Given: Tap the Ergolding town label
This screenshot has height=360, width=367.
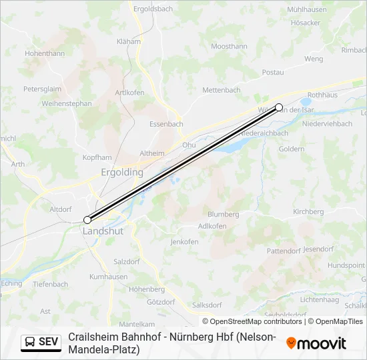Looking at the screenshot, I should click(x=122, y=172).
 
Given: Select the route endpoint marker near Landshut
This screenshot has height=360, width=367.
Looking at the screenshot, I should click(x=87, y=219).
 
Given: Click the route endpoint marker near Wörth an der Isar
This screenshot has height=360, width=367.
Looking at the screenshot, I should click(x=279, y=107).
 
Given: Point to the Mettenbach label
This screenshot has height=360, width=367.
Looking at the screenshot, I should click(x=221, y=89).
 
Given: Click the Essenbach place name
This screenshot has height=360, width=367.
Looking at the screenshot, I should click(x=166, y=124).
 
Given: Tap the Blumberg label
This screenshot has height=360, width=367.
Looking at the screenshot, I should click(x=223, y=214).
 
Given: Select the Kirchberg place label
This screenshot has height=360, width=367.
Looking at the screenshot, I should click(x=308, y=211).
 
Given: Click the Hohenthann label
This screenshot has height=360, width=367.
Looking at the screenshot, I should click(x=45, y=53).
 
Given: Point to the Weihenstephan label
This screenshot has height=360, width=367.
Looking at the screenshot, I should click(x=66, y=103).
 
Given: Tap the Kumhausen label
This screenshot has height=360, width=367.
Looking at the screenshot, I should click(x=108, y=276).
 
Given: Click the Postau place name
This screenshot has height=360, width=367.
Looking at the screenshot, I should click(x=273, y=72).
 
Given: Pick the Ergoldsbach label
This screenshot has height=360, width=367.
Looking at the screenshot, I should click(x=153, y=9).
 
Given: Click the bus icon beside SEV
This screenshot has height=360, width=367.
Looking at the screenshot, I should click(x=30, y=342).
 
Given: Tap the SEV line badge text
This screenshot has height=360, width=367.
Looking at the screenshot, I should click(x=49, y=342).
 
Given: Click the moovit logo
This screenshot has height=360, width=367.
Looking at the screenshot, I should click(x=316, y=343).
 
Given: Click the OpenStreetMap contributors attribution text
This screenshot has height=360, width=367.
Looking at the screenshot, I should click(x=252, y=321).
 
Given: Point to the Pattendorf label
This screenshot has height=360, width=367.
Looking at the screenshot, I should click(x=284, y=251).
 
